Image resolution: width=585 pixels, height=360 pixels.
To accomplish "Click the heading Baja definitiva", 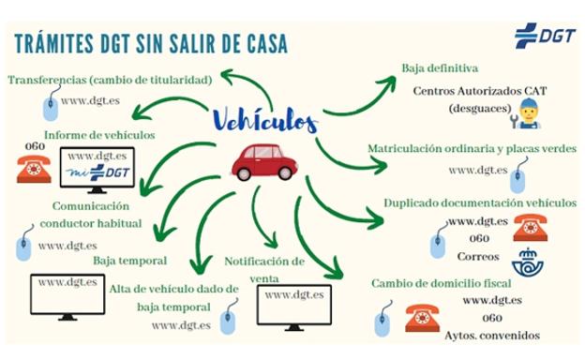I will (440, 68).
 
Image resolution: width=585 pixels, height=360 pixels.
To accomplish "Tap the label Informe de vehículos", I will (101, 134).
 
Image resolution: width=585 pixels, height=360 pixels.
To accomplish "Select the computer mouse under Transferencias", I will (48, 106).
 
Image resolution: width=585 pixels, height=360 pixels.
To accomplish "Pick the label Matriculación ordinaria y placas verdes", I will (472, 149).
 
